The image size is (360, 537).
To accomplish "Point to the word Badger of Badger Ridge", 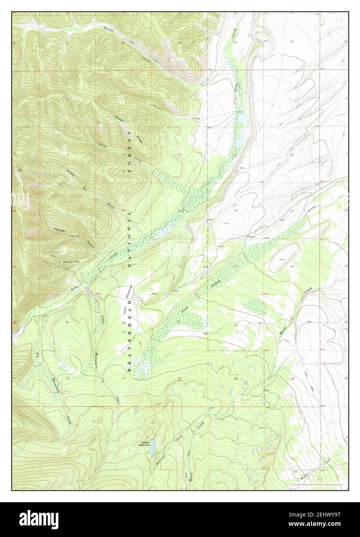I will coord(119,119).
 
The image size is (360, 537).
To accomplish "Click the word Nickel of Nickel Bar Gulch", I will coord(70,174).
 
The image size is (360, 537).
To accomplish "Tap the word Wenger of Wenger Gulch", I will coord(60,231).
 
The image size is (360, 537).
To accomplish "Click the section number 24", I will coord(292,267).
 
